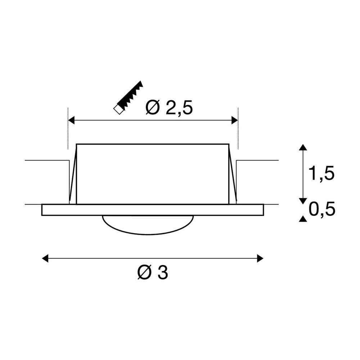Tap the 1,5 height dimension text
pyautogui.click(x=321, y=174)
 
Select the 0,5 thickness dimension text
pyautogui.click(x=321, y=209)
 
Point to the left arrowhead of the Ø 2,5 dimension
pyautogui.click(x=71, y=120)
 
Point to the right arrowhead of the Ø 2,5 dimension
pyautogui.click(x=234, y=120)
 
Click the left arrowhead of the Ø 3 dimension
pyautogui.click(x=45, y=258)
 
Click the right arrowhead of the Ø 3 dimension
pyautogui.click(x=260, y=258)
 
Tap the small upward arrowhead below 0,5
pyautogui.click(x=303, y=219)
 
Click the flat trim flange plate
pyautogui.click(x=152, y=210)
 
